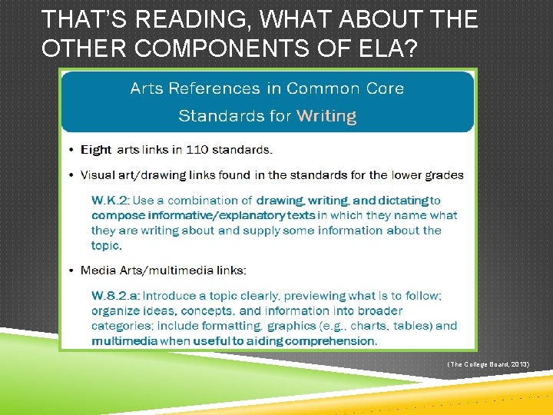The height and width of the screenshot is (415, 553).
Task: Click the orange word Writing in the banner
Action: tap(326, 116)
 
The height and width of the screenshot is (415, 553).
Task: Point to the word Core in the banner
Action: tap(386, 88)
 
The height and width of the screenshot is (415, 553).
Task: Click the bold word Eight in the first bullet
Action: tap(96, 149)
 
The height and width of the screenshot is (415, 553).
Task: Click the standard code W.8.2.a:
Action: tap(115, 295)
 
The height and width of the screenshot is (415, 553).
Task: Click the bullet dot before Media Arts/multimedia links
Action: tap(71, 271)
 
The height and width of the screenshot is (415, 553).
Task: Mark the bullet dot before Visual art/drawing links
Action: tap(71, 174)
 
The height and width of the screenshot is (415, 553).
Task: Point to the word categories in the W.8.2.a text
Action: tap(121, 325)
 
